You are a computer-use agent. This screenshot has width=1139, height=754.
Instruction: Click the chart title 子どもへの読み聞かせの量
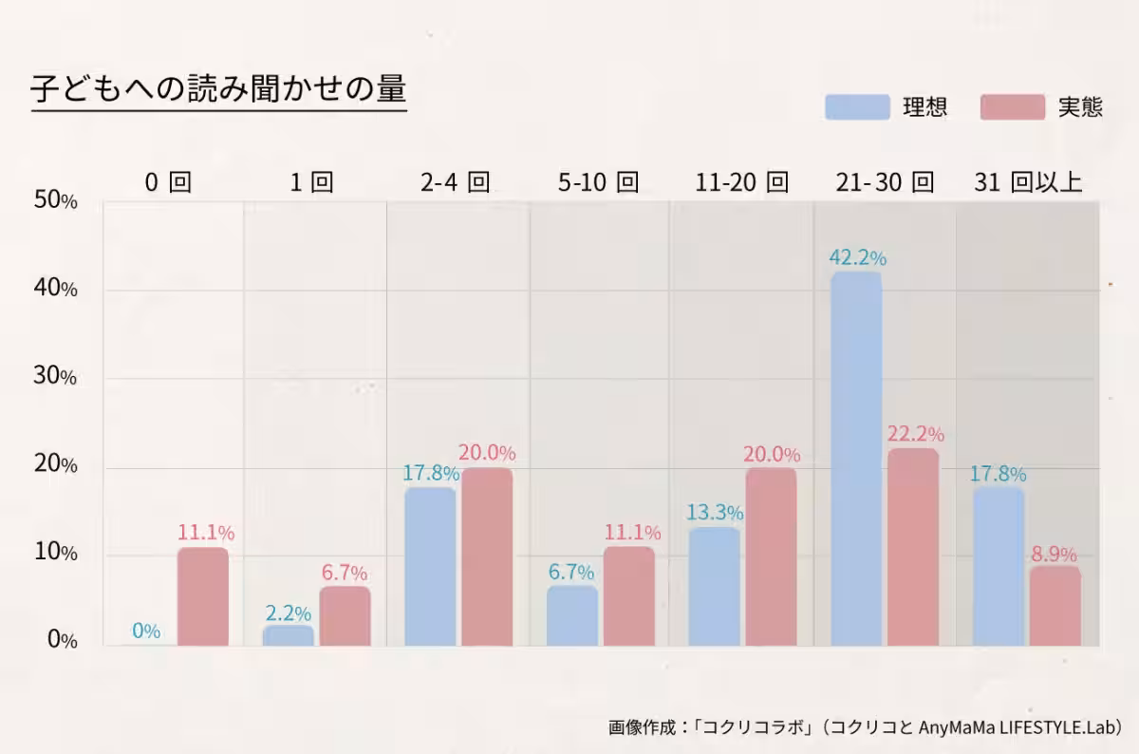point(218,89)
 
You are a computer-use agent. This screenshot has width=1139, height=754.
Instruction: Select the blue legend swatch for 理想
point(857,106)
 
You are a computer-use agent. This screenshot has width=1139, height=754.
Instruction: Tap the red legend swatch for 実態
point(1013,106)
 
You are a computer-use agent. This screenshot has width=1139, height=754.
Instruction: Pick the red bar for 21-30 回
point(913,547)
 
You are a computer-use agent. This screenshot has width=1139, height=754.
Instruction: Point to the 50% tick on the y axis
point(55,200)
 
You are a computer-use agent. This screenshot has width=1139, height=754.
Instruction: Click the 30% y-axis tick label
point(55,377)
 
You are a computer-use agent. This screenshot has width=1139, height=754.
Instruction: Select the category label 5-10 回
point(599,182)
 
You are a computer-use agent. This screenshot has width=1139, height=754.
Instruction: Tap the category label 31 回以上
point(1028,182)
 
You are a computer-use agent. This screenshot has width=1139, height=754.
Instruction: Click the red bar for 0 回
point(202,596)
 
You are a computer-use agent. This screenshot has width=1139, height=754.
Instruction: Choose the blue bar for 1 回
point(288,635)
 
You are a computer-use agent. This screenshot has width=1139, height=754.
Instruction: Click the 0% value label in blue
point(146,631)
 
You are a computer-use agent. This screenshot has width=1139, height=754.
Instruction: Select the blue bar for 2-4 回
point(430,567)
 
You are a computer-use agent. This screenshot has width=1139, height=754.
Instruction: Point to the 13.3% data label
point(714,513)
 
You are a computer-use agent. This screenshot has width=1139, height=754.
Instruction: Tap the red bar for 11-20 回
point(771,556)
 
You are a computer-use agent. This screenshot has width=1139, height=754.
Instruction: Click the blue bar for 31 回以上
point(999,567)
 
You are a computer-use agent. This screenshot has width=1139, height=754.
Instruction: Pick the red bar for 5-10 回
point(628,596)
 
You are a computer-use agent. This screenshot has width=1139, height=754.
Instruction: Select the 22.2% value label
point(915,435)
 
